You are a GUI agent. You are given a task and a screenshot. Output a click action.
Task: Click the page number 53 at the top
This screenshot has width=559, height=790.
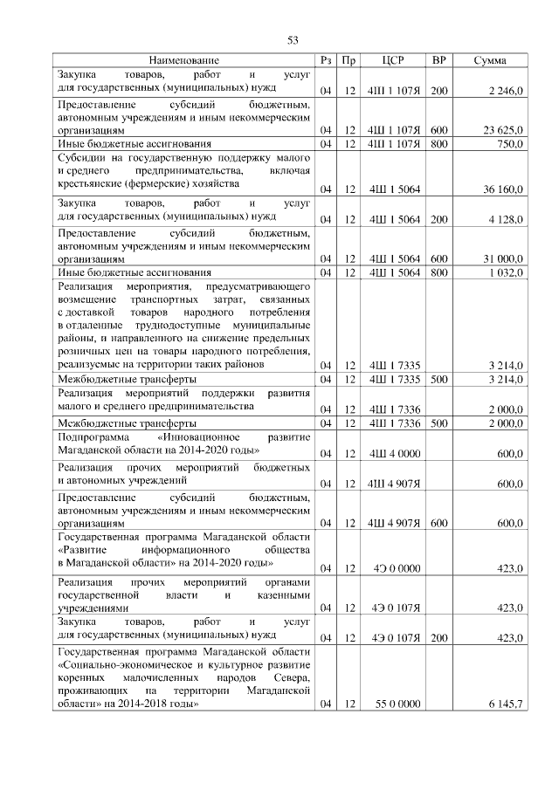[293, 40]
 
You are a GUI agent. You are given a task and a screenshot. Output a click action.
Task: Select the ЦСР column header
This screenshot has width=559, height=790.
[392, 60]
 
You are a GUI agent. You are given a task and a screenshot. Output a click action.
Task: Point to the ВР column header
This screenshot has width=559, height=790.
[439, 60]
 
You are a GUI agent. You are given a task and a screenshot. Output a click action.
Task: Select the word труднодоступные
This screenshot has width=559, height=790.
[154, 325]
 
